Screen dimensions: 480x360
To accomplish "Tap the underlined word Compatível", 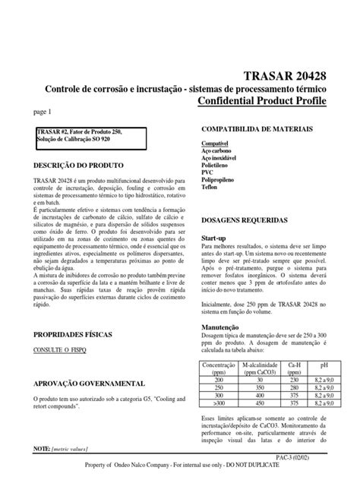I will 215,144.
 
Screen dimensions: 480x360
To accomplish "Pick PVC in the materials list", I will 207,173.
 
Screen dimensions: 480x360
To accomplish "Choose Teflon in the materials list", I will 210,188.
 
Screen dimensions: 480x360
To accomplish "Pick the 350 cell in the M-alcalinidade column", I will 261,387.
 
